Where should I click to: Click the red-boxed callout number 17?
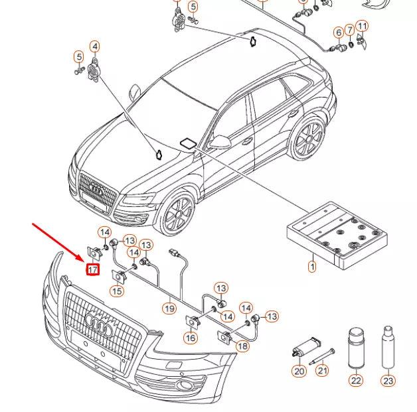click(92, 270)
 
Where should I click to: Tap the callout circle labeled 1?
click(311, 267)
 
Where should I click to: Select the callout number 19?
click(170, 308)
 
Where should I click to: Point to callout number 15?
click(117, 291)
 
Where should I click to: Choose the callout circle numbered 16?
click(191, 338)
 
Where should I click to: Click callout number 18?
click(242, 346)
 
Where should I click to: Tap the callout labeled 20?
click(299, 372)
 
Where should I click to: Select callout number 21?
click(323, 372)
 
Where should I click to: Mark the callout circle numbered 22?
click(357, 380)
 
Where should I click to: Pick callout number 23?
click(388, 380)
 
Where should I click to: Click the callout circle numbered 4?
click(95, 46)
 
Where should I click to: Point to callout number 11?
click(362, 27)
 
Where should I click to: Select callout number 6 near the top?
click(339, 32)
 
